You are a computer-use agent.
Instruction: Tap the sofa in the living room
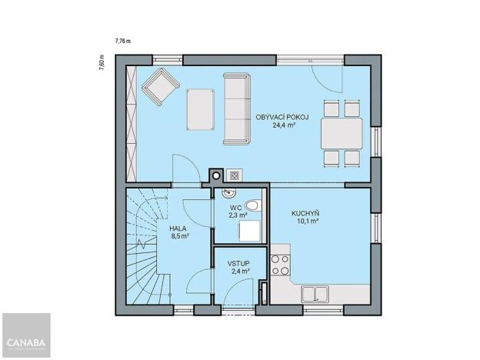236,108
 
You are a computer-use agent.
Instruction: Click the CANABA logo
25,342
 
